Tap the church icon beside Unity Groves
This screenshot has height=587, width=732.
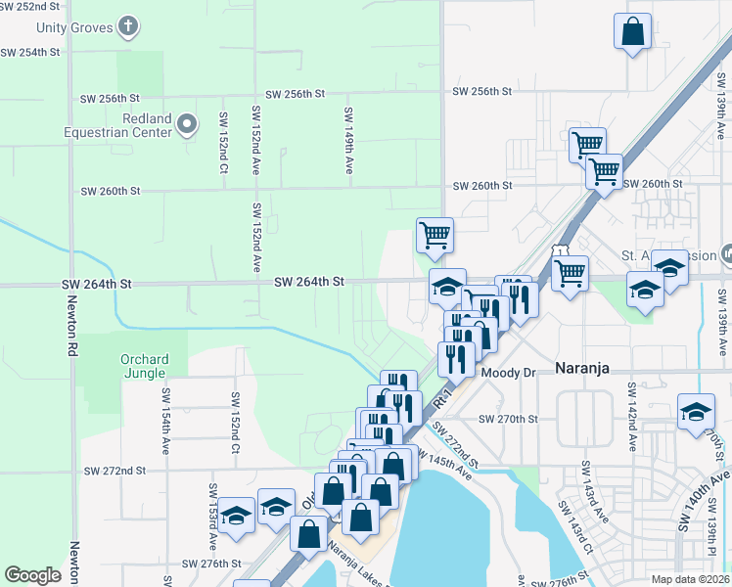pyautogui.click(x=128, y=26)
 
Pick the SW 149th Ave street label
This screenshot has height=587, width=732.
pyautogui.click(x=347, y=141)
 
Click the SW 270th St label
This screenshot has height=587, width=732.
pyautogui.click(x=508, y=419)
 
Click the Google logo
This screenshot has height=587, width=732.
pyautogui.click(x=32, y=575)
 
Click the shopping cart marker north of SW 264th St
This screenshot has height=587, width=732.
pyautogui.click(x=435, y=235)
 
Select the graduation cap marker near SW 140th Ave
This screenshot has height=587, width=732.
pyautogui.click(x=696, y=412)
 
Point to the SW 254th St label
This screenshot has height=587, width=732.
pyautogui.click(x=30, y=51)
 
